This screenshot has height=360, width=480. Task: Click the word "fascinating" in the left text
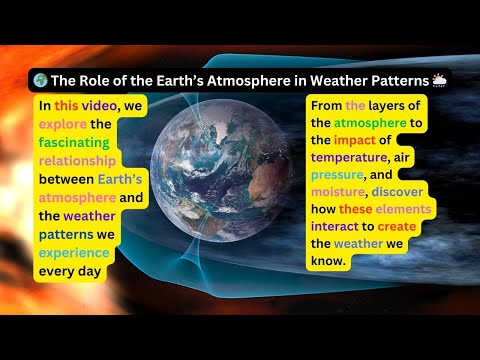77,143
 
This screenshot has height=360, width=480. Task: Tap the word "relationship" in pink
78,162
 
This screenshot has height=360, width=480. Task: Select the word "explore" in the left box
63,125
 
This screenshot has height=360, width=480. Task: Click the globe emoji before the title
39,80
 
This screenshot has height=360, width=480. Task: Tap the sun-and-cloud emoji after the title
438,80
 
